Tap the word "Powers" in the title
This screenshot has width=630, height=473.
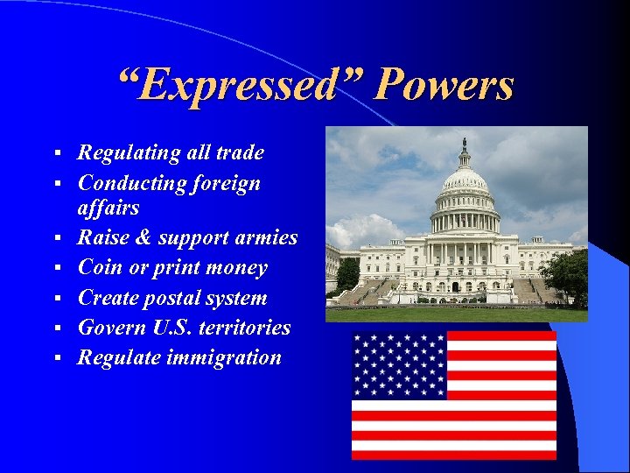click(444, 86)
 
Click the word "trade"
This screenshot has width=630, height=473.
click(239, 153)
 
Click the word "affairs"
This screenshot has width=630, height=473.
click(108, 208)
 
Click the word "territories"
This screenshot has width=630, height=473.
click(248, 328)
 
